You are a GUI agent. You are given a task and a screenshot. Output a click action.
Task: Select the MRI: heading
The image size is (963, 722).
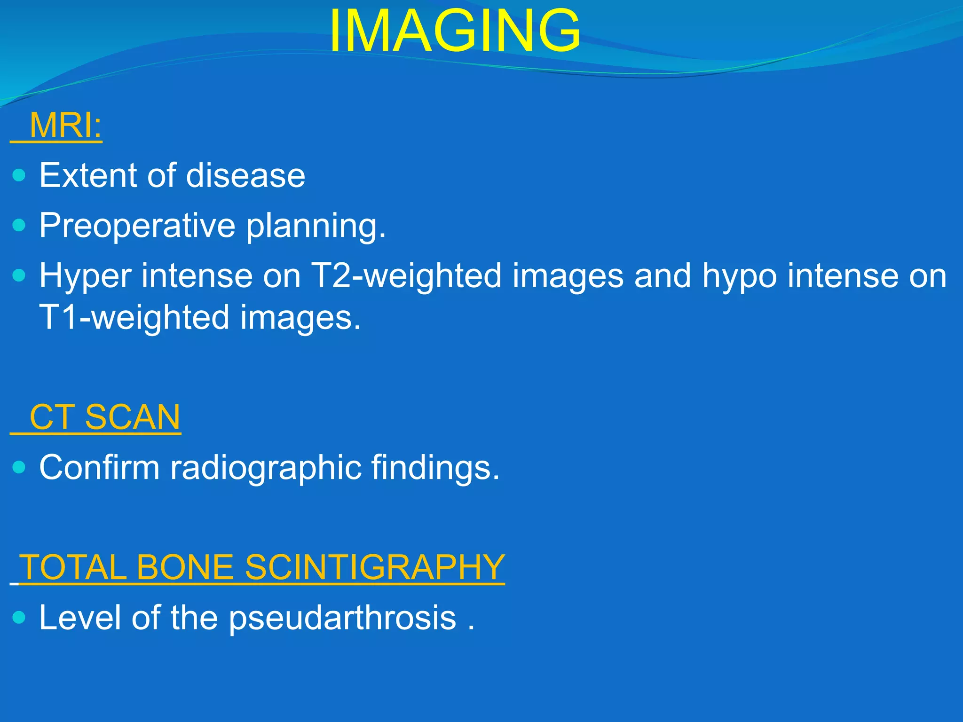click(x=65, y=126)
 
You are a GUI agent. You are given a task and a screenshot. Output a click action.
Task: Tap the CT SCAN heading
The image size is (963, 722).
click(x=104, y=417)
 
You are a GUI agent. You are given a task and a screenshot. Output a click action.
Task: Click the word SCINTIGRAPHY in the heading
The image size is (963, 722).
click(x=375, y=567)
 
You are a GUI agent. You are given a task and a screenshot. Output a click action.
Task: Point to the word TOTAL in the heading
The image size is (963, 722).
click(x=73, y=567)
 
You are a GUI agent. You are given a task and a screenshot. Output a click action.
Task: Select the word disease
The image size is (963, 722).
click(x=245, y=176)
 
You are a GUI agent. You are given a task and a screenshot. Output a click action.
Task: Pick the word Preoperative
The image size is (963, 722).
click(x=137, y=226)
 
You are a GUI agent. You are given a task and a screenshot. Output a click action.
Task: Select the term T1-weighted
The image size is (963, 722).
click(x=134, y=318)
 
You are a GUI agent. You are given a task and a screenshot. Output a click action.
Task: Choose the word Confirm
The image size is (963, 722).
click(x=99, y=468)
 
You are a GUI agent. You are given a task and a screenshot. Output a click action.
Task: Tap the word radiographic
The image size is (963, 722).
click(x=266, y=469)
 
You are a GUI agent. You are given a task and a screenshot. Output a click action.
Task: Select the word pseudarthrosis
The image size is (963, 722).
click(x=342, y=618)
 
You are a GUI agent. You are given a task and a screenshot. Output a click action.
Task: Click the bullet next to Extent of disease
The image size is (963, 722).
click(x=19, y=176)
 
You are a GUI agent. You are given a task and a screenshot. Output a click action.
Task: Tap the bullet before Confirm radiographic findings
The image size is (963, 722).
click(x=19, y=467)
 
